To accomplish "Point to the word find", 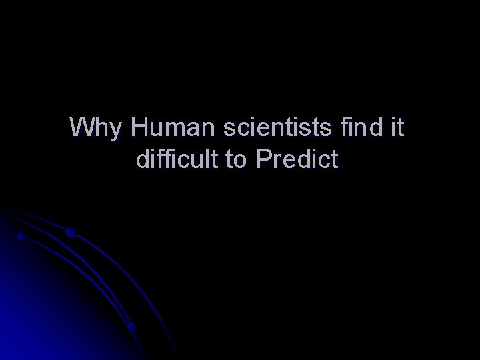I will [x=359, y=127].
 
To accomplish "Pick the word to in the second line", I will [x=237, y=161].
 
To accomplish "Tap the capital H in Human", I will [x=140, y=127].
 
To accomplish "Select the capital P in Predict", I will [x=261, y=160].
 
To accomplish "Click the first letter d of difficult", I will [x=142, y=160].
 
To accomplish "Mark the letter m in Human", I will [x=173, y=128].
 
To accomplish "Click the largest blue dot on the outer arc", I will [x=70, y=233].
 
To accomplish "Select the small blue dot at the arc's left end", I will [x=21, y=236].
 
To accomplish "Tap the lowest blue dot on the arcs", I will [x=131, y=327].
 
